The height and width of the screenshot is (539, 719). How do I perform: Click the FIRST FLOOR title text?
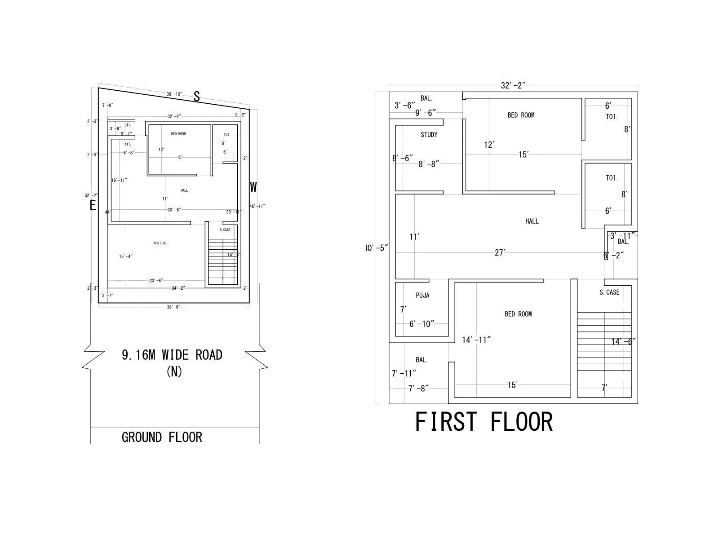click(484, 422)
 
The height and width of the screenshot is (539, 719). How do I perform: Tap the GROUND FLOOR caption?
click(162, 437)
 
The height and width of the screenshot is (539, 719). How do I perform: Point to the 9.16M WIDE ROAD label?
click(172, 355)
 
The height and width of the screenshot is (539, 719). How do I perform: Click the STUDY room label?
click(429, 135)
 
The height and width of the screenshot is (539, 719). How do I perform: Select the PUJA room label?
click(422, 295)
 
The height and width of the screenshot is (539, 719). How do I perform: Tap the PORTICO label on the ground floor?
click(160, 243)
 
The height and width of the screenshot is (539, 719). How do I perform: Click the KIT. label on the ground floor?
click(128, 144)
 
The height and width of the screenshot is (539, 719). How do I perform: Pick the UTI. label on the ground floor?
click(128, 125)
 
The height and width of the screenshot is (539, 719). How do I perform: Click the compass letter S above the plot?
click(196, 96)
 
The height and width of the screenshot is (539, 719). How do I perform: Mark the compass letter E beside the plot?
click(93, 206)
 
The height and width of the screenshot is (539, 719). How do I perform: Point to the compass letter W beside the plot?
click(253, 187)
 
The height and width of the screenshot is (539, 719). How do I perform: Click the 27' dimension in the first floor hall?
click(500, 253)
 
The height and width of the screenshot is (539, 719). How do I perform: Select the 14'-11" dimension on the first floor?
click(476, 340)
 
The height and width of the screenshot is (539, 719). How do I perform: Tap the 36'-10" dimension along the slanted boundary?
click(174, 94)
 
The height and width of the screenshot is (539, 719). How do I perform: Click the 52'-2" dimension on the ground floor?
click(91, 196)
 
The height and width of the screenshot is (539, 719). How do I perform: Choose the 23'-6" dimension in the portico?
click(156, 281)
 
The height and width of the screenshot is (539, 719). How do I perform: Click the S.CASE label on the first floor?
click(609, 292)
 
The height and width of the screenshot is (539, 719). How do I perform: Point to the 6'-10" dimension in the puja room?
click(422, 324)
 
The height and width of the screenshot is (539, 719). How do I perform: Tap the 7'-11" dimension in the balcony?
click(404, 373)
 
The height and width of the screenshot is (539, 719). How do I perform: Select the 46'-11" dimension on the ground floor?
click(257, 206)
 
